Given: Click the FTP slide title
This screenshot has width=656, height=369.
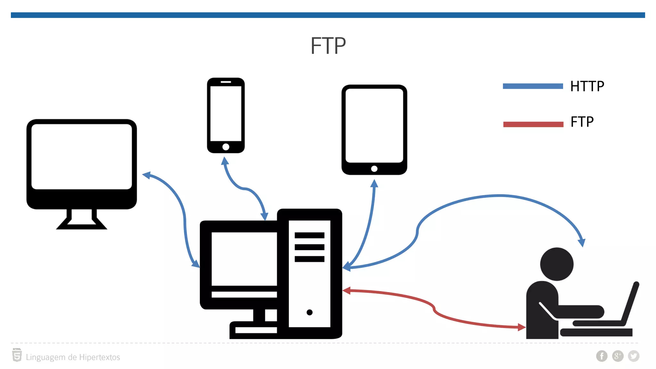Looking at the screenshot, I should [328, 46].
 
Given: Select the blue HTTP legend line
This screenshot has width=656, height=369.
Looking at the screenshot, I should [533, 86].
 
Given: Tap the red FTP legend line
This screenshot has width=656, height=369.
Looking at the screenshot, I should [533, 124].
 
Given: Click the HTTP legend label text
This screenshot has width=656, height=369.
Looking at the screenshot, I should [587, 86].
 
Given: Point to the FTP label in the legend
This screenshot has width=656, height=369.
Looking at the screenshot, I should [582, 122].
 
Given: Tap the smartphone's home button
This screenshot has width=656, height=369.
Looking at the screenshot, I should [226, 147].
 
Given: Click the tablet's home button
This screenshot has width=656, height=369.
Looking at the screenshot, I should [374, 169].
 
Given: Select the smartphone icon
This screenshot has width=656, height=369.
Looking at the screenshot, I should [226, 115].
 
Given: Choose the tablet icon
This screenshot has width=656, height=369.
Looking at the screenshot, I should [374, 130].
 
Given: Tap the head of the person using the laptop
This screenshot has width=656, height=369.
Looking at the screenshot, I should [557, 264].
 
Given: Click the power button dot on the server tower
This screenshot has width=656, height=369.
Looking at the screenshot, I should [309, 312].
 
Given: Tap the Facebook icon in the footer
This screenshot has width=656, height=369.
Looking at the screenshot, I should [602, 356].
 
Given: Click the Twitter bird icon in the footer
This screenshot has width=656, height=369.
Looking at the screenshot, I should [634, 356].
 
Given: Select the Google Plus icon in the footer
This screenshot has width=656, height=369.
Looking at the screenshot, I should [618, 356].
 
